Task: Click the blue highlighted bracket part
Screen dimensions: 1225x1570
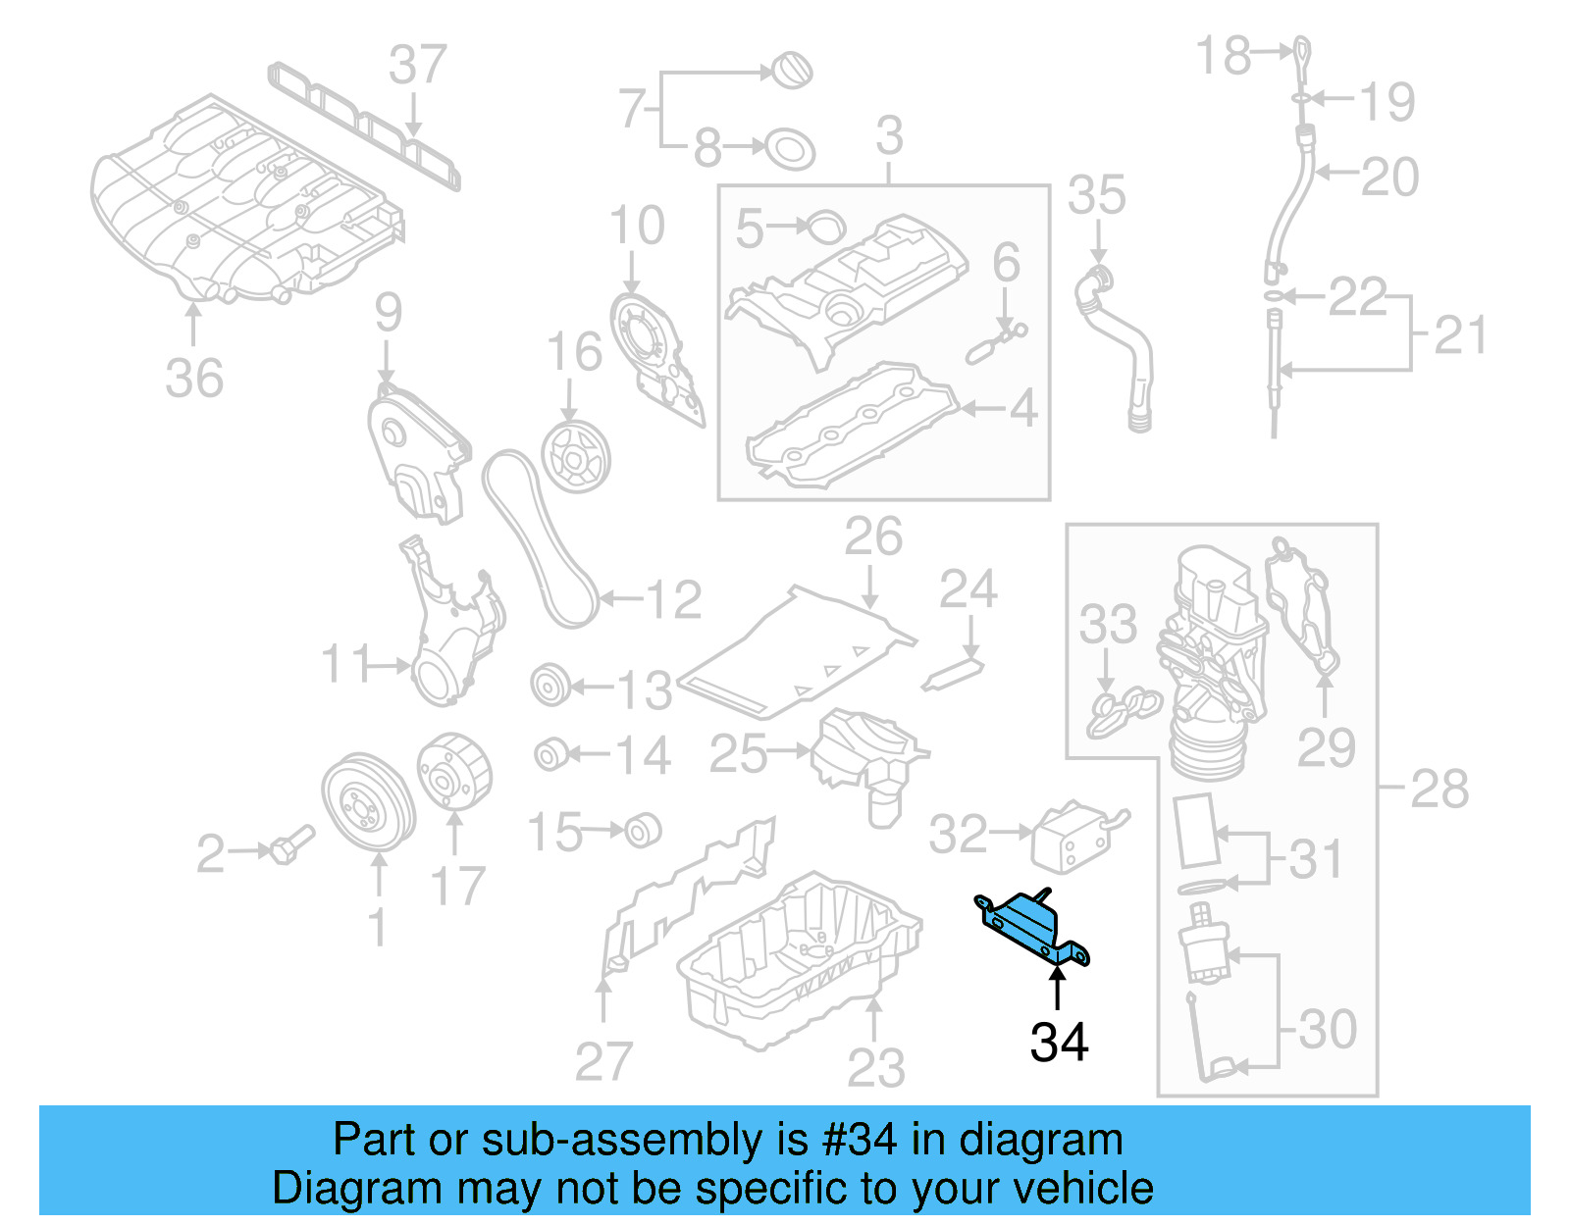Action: (x=1030, y=927)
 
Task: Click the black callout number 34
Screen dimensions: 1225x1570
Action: (x=1059, y=1043)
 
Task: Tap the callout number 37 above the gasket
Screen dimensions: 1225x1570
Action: (x=418, y=67)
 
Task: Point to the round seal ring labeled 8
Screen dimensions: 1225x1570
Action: (x=789, y=149)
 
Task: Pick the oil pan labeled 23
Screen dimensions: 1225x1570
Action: (x=800, y=956)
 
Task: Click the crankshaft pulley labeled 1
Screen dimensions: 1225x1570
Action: (x=367, y=804)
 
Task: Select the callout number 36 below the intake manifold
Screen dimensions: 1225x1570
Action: (x=193, y=378)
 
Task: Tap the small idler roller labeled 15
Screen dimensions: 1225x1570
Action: (x=643, y=831)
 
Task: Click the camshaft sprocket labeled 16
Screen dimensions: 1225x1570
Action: (x=575, y=458)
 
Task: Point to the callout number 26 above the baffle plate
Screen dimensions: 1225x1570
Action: (x=872, y=537)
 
